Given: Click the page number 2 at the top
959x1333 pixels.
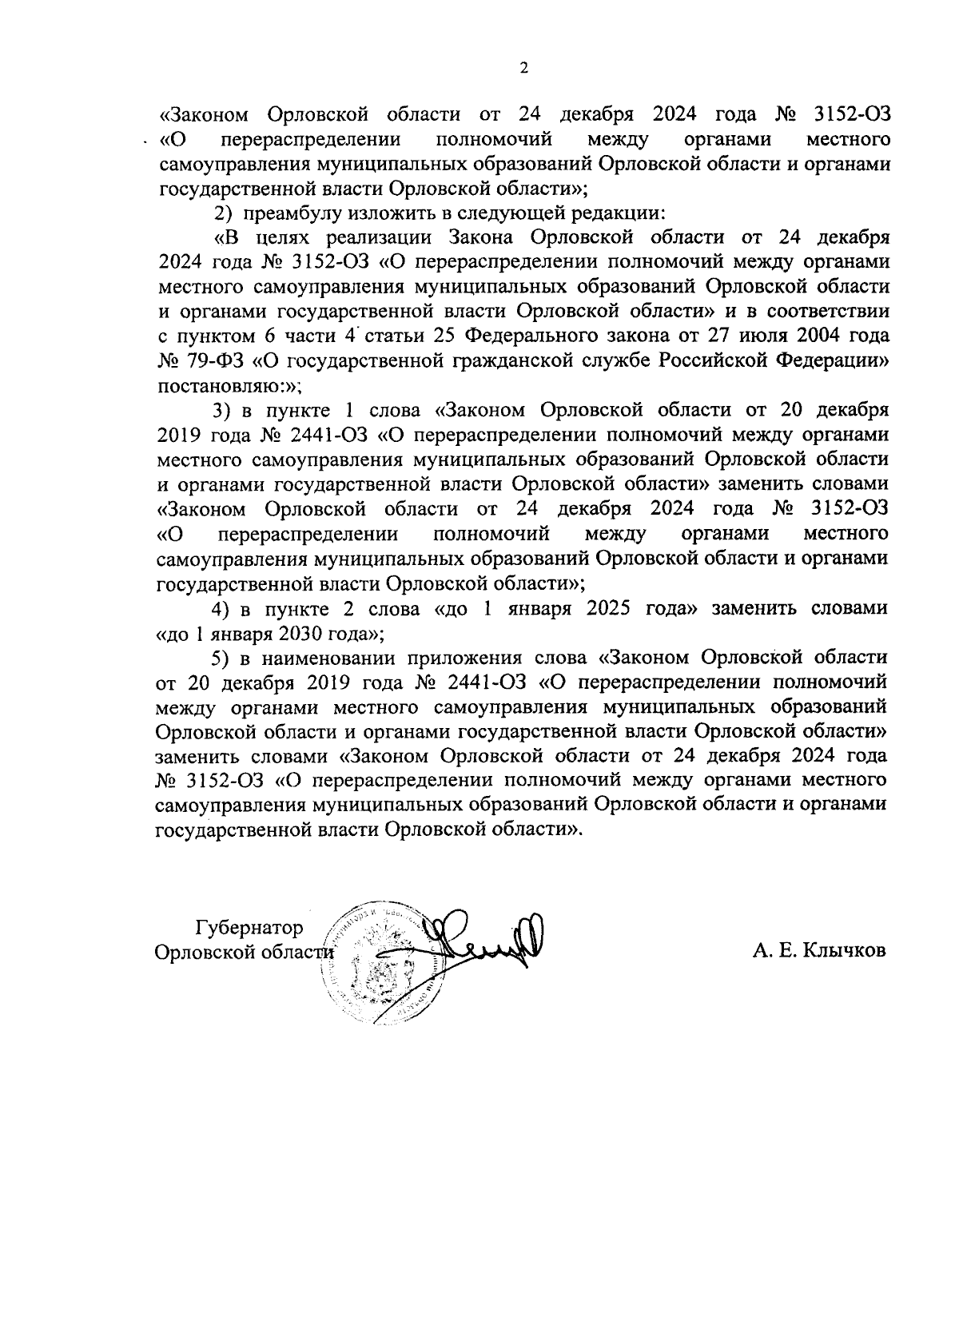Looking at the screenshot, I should click(x=524, y=69).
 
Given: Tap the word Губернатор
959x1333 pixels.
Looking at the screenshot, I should click(x=249, y=928).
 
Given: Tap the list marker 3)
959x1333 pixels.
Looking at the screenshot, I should click(x=221, y=410).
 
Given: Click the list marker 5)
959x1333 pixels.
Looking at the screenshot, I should click(x=221, y=658).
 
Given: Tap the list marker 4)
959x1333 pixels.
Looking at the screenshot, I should click(x=221, y=608).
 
